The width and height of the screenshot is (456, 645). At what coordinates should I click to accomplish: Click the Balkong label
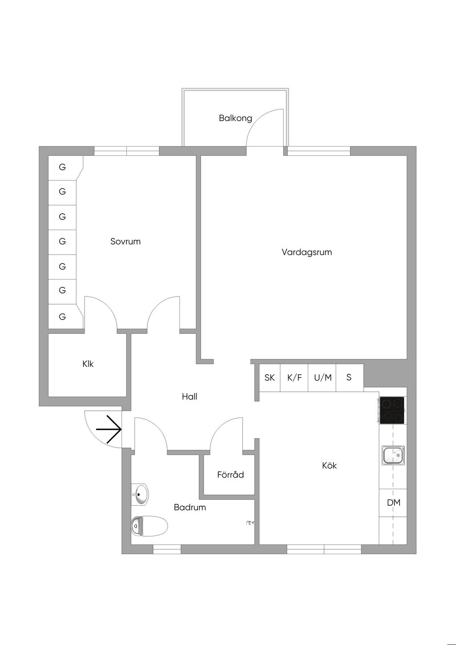235,118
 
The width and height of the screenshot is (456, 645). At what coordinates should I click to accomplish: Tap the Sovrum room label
125,241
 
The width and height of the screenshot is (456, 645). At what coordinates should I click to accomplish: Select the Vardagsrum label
306,252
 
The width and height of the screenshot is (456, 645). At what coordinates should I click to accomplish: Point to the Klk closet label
88,364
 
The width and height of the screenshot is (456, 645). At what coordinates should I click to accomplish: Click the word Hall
189,396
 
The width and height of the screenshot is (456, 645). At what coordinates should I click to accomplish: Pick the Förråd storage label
230,475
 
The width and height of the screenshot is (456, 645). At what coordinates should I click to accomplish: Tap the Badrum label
190,507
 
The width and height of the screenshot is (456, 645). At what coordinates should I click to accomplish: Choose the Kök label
329,465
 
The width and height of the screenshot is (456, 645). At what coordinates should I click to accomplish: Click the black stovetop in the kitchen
392,410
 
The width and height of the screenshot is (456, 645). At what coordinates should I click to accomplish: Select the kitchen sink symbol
393,455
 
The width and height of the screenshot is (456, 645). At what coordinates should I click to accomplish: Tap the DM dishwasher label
393,503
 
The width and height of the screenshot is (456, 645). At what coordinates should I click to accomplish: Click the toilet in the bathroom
149,526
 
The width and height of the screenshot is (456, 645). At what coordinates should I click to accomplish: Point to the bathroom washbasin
141,494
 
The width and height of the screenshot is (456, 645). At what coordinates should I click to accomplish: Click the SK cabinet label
269,377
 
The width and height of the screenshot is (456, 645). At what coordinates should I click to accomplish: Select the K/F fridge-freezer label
294,377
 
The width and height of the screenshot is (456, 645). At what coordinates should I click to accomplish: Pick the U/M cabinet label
322,377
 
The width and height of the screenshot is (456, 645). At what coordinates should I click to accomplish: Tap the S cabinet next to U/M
349,377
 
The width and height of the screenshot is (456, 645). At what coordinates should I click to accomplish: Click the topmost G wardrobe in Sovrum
62,167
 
